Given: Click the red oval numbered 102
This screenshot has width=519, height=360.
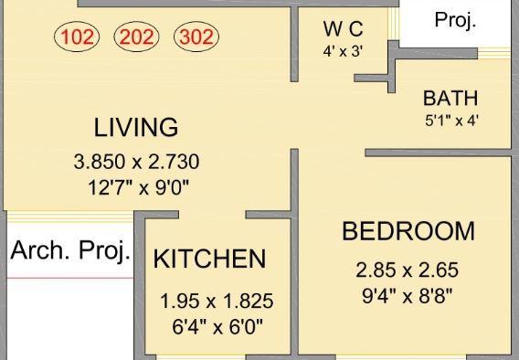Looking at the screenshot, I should pos(79,38).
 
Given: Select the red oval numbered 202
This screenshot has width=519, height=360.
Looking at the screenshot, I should pos(136,38).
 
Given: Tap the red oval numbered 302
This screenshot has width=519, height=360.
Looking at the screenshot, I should pos(195,38).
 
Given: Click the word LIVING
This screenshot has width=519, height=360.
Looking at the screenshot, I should pos(136,126).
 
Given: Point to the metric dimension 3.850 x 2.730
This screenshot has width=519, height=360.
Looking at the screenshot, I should pos(136,163).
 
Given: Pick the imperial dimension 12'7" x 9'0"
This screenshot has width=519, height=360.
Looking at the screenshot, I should pos(136,189).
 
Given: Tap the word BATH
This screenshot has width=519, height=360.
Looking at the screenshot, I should pos(450,98).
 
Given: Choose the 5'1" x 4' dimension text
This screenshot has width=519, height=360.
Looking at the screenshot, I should pos(450,119).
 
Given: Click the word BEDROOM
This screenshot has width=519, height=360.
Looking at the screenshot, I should pos(408,231).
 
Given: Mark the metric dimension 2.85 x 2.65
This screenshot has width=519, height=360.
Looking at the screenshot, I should pos(407,270).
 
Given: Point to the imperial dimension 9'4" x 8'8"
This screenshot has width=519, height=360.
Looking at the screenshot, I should pos(407,295).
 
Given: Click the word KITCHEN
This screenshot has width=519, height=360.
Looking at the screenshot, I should pos(209,259).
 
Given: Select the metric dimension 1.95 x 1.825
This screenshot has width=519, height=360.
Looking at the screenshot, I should pos(217,302).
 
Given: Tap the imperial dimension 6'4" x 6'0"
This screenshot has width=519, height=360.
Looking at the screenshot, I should pos(217,326).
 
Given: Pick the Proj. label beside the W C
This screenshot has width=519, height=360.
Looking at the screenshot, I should pos(454,21).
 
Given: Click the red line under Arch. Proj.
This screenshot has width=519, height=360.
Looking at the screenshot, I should pos(69,275).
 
